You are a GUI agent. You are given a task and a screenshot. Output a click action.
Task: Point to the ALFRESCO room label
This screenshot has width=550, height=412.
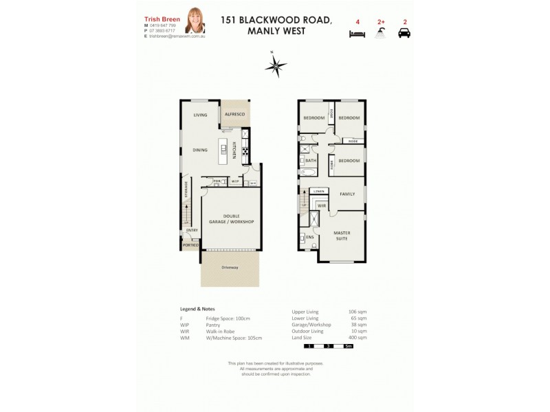235,113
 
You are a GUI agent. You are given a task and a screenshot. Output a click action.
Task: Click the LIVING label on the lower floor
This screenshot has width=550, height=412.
200,116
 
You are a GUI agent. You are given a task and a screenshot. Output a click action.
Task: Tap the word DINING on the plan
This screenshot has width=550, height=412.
200,150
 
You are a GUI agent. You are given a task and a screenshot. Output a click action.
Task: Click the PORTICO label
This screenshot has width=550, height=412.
190,245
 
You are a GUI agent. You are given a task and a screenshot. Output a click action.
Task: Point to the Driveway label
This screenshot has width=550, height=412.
230,268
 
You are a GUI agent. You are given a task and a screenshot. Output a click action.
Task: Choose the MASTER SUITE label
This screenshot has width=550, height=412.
342,236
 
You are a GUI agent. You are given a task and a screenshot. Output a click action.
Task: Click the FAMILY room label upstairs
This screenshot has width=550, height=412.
347,194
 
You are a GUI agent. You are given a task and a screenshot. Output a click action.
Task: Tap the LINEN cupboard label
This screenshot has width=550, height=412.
318,191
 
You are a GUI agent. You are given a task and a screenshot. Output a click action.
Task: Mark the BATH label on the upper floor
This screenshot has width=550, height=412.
311,160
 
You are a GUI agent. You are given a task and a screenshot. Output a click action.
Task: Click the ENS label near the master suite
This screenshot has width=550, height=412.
309,237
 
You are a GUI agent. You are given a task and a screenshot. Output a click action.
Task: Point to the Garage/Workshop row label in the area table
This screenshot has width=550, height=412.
311,325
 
